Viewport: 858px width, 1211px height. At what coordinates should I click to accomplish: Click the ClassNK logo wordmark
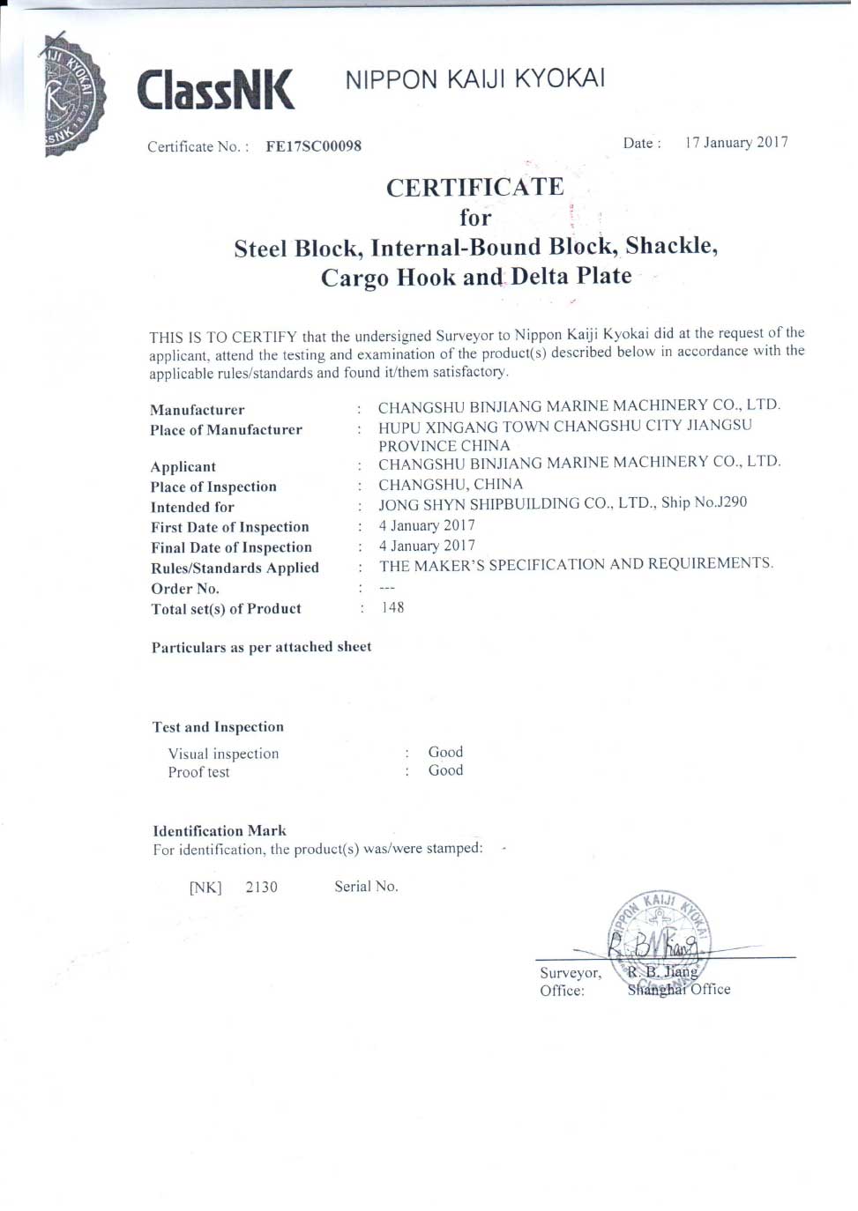click(x=215, y=90)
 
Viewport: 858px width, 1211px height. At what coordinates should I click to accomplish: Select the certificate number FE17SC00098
click(x=313, y=146)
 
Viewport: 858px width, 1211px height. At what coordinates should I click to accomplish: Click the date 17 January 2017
click(x=736, y=143)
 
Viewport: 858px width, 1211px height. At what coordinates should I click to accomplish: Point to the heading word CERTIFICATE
click(x=474, y=187)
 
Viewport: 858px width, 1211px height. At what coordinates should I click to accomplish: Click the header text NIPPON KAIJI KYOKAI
click(x=474, y=79)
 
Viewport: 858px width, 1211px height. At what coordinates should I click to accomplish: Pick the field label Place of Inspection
click(x=213, y=487)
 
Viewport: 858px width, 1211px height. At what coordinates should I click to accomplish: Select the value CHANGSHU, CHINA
click(x=451, y=484)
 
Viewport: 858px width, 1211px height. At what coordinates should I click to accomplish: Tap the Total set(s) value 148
click(x=392, y=607)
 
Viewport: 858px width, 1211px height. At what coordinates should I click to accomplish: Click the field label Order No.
click(x=184, y=589)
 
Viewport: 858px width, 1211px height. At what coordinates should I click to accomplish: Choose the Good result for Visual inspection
click(x=445, y=752)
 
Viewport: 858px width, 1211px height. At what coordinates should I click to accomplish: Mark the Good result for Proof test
click(x=445, y=770)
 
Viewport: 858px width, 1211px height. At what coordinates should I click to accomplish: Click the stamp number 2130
click(x=261, y=887)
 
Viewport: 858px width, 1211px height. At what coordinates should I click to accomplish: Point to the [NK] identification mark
click(x=205, y=888)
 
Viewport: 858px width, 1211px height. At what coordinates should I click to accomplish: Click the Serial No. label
click(x=366, y=887)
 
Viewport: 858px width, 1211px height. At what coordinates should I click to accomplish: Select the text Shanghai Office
click(x=679, y=990)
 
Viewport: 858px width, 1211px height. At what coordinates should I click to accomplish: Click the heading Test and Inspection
click(x=218, y=727)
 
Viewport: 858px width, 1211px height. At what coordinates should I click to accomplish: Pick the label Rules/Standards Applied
click(x=235, y=568)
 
